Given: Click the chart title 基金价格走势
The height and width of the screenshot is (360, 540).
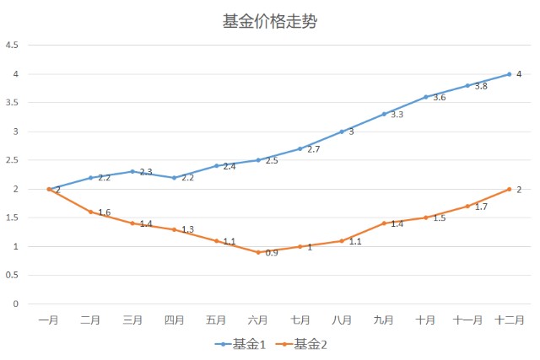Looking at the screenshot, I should (270, 21).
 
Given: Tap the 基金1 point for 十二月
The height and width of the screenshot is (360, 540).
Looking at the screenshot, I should (510, 74).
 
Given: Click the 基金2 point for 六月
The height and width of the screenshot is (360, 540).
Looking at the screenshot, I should (258, 252).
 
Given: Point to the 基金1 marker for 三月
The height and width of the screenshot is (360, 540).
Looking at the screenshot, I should (132, 171).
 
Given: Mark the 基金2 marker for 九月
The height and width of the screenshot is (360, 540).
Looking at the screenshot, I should (384, 223).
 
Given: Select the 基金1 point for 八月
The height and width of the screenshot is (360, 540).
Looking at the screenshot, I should (342, 132).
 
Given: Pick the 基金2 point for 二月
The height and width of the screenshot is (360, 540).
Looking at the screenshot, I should (91, 212).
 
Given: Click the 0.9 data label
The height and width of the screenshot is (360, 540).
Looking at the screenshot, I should (272, 253).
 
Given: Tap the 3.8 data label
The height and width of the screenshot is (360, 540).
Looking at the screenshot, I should (481, 87).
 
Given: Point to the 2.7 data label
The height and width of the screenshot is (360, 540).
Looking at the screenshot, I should (314, 149).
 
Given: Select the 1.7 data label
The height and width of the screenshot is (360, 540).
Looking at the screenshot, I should (481, 207).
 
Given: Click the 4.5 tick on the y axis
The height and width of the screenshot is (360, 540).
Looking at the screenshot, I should (13, 46).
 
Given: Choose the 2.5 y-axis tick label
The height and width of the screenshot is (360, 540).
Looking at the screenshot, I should (13, 160).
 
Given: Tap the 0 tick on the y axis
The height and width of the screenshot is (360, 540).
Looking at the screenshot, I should (16, 304).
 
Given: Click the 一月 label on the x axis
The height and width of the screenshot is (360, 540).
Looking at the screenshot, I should (49, 320).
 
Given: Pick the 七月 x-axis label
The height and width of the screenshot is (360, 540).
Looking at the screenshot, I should (300, 320).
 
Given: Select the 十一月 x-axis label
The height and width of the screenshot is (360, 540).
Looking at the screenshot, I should (467, 320).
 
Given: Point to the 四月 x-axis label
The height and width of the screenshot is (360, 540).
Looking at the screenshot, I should (175, 320).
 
